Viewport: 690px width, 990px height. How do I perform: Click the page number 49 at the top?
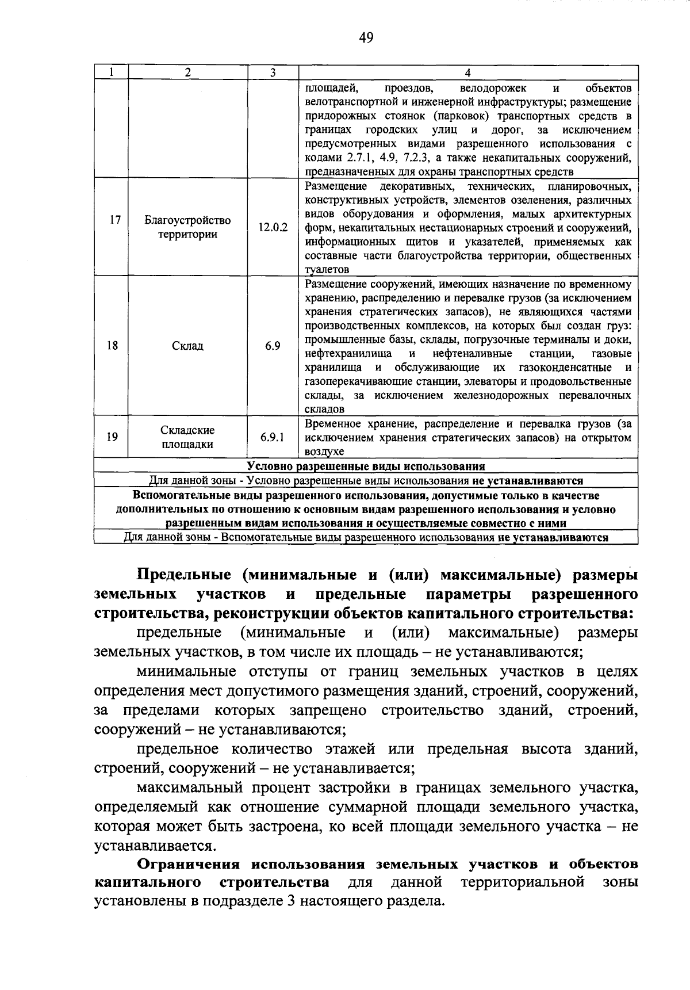366,39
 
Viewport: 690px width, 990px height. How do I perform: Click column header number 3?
273,72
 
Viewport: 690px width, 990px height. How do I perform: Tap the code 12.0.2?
273,227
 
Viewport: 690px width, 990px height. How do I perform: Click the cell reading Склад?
187,346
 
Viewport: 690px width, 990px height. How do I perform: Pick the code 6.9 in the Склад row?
273,346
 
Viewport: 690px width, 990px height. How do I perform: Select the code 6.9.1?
273,437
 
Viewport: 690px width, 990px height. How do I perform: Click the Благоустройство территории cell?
187,227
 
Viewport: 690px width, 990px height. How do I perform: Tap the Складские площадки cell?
187,437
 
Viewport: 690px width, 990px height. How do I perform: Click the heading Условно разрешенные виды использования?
366,467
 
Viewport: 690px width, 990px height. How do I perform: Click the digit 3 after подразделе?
290,901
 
